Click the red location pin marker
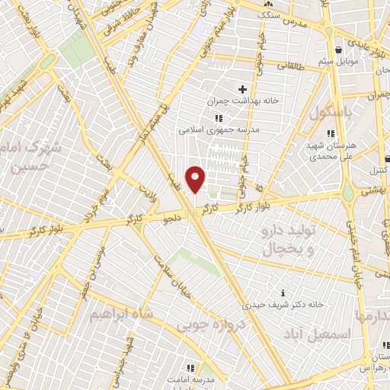(x=196, y=180)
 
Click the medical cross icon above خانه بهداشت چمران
(x=242, y=88)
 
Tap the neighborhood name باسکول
(x=332, y=112)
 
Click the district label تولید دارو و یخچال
(x=289, y=237)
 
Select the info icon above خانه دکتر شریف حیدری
(x=283, y=292)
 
